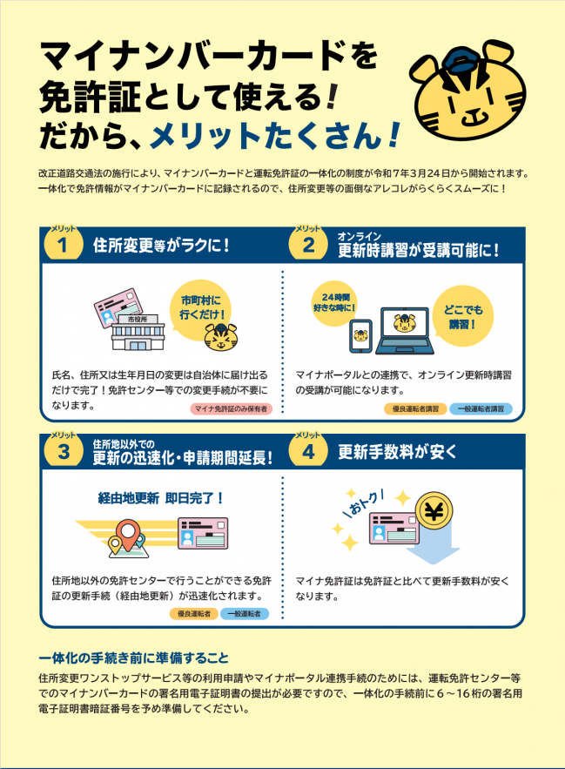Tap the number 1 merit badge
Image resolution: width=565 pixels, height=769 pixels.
(x=62, y=245)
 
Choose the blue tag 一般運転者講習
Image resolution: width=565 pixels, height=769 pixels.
(x=481, y=408)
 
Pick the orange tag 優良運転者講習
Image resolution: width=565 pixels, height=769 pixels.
(x=414, y=408)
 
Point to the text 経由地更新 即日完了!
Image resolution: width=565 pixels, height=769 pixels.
(x=161, y=499)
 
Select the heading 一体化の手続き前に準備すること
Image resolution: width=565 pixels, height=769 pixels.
(x=133, y=656)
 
